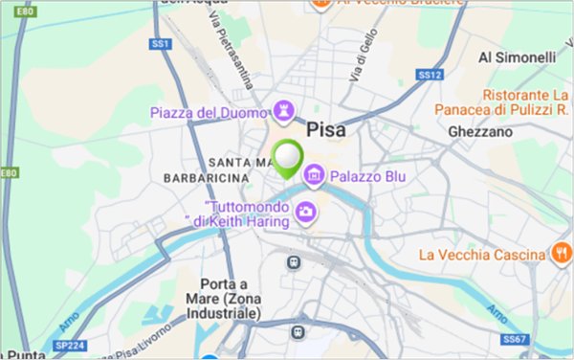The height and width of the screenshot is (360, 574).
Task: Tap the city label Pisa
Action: (326, 129)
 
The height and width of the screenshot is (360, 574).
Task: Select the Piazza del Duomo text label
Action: (210, 113)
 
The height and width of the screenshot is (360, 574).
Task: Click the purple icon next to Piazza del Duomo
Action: (284, 110)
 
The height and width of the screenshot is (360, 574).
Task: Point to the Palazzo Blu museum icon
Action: (313, 177)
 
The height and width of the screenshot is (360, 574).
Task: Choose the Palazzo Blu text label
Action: (369, 177)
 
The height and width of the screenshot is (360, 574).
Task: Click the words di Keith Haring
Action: (235, 222)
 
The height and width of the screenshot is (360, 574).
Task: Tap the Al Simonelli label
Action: (518, 57)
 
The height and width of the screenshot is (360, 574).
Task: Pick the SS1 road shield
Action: (160, 44)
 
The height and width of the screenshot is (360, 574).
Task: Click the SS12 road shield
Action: (428, 74)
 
